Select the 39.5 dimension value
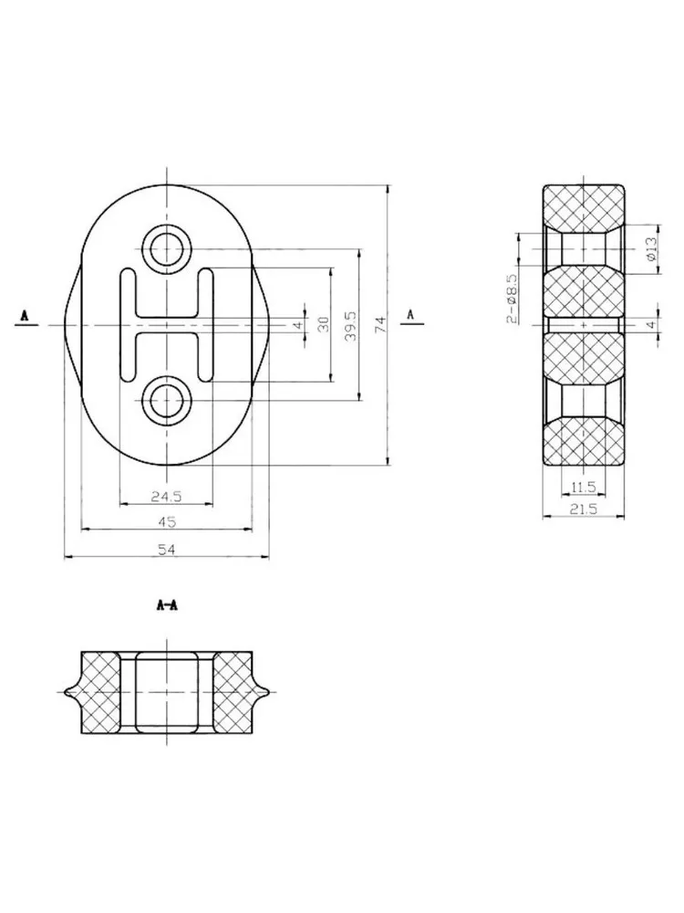click(351, 325)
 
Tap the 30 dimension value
click(324, 324)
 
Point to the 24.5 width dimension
click(166, 496)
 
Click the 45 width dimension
click(167, 521)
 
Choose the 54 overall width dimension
click(167, 549)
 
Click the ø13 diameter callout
click(650, 248)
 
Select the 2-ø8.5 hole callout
click(512, 299)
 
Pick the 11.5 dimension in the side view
click(584, 486)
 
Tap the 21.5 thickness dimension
click(584, 509)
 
